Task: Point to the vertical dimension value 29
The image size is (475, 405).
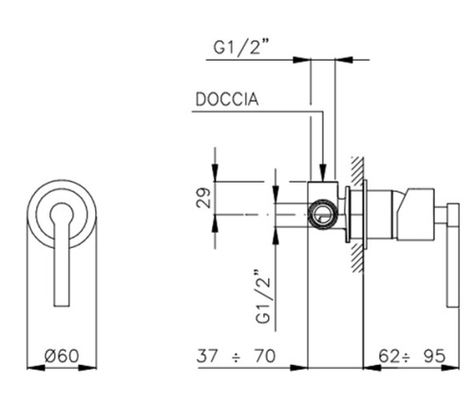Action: click(x=200, y=199)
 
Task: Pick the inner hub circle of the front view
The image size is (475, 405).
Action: click(x=64, y=215)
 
